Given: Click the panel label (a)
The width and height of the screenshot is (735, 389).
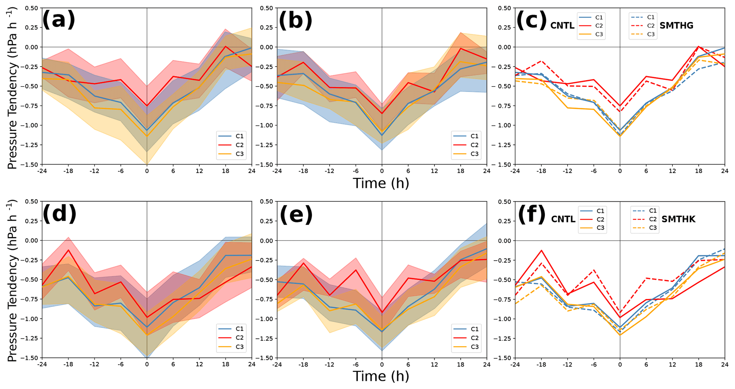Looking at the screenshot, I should coord(59,20).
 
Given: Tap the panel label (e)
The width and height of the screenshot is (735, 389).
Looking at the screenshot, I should coord(296,215).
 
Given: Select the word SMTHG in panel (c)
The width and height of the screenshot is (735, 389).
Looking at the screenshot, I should coord(676,26).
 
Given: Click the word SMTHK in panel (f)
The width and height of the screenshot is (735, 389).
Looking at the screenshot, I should coord(678,219).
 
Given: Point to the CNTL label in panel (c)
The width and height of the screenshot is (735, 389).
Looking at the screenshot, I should coord(562,26).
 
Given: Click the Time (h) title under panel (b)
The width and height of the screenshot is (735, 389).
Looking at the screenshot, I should coord(381,183).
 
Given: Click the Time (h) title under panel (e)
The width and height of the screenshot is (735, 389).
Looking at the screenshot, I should coord(381,376).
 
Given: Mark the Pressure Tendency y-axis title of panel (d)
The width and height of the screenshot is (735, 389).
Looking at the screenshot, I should coord(12,281).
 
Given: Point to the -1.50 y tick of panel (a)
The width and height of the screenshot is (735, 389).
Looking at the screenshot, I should coord(31,164).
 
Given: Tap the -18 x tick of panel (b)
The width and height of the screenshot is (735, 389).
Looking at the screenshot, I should coord(303,171).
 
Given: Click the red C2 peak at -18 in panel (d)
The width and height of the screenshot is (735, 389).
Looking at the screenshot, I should coord(68,250).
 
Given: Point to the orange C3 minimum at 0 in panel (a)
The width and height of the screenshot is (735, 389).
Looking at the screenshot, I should coord(147,136).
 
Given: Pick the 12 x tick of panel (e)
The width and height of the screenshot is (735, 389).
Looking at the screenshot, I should coord(434,364).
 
